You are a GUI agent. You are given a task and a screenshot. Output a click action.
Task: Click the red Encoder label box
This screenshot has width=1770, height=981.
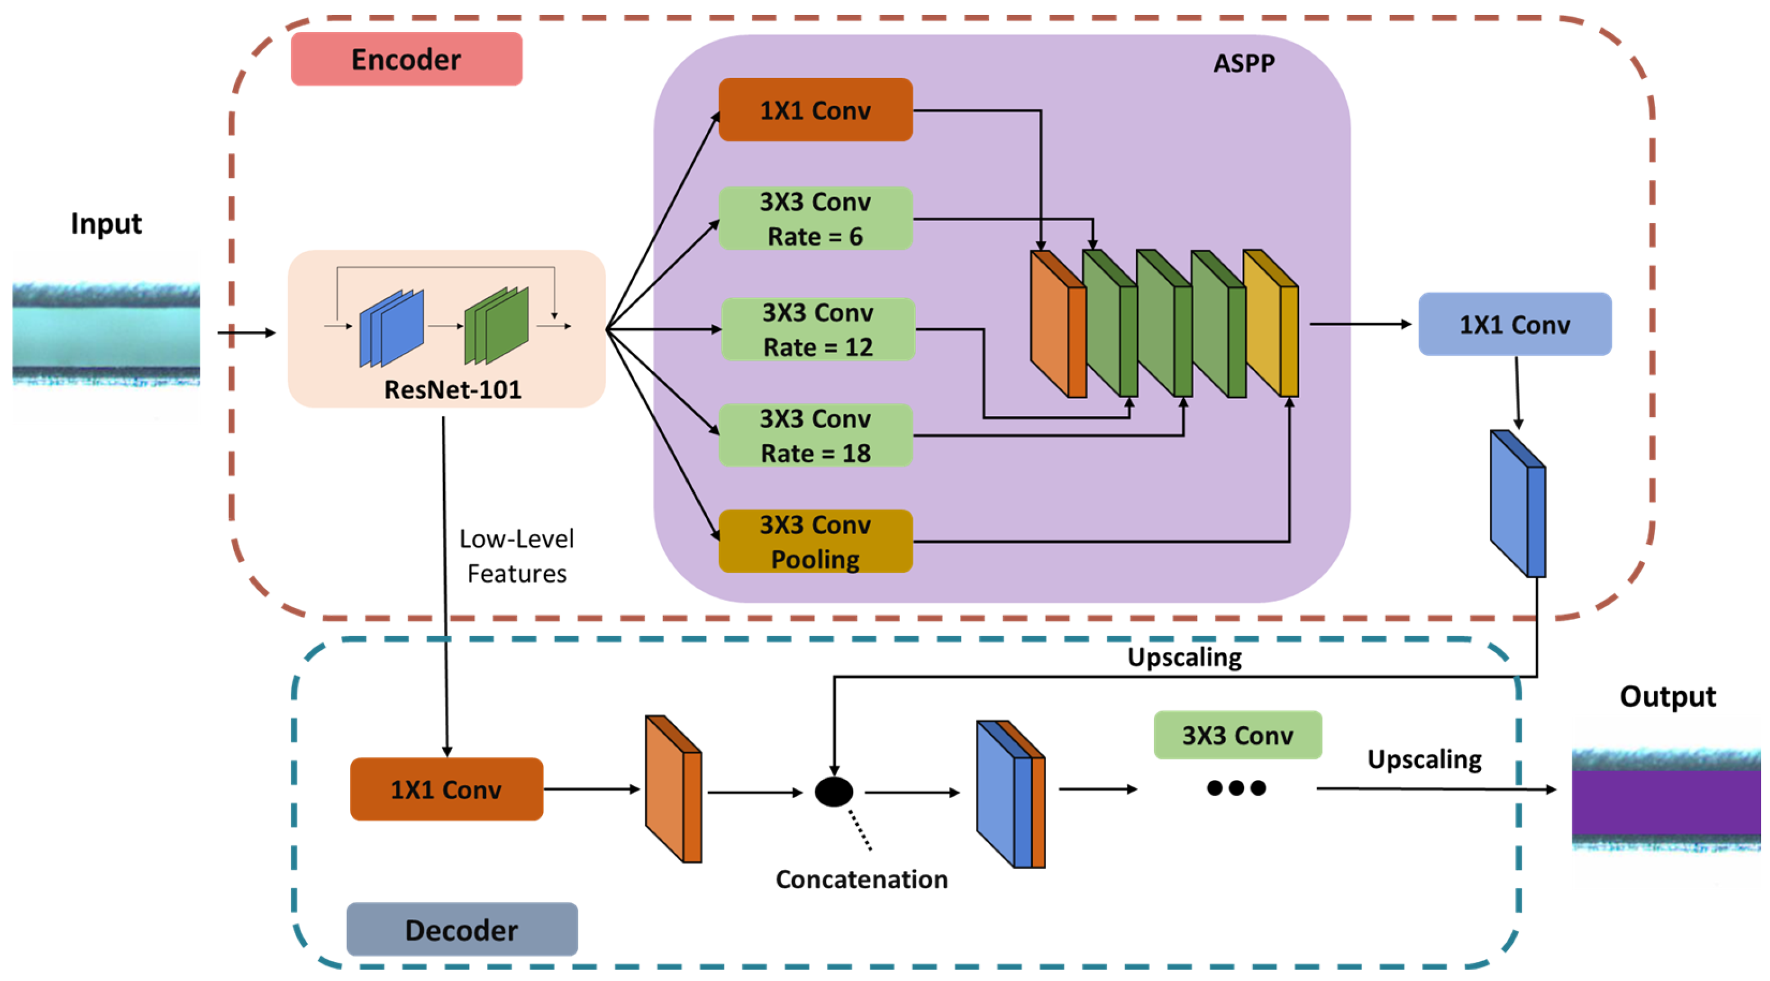click(406, 59)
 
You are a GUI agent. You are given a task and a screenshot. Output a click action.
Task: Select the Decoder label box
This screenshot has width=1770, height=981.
click(462, 930)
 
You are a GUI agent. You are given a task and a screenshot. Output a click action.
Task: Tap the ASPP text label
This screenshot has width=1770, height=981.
click(1244, 63)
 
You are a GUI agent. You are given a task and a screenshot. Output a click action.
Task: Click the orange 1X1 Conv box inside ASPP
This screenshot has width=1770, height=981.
click(816, 110)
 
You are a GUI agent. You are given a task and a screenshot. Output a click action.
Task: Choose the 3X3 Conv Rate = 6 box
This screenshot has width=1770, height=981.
click(816, 219)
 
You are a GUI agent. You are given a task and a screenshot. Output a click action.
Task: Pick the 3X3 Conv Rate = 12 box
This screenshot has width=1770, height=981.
click(817, 329)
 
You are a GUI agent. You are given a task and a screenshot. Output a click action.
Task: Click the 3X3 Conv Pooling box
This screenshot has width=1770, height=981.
click(816, 542)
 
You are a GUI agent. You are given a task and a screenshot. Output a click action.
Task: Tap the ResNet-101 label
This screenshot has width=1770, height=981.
click(453, 390)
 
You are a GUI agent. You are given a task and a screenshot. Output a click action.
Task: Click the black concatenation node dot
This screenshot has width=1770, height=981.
click(833, 792)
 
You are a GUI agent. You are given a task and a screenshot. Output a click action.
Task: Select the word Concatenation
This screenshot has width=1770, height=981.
click(861, 880)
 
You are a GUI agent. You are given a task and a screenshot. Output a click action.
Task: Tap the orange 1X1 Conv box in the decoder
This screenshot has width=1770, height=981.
click(447, 789)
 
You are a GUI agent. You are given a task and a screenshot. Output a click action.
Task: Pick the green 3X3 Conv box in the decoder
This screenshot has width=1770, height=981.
click(1237, 735)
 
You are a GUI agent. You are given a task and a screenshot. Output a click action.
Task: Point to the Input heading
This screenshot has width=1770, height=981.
click(106, 223)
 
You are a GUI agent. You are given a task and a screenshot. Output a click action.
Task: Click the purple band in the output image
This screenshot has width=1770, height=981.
click(1666, 801)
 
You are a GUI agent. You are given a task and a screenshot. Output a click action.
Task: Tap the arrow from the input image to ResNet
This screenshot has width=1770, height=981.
click(246, 333)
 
